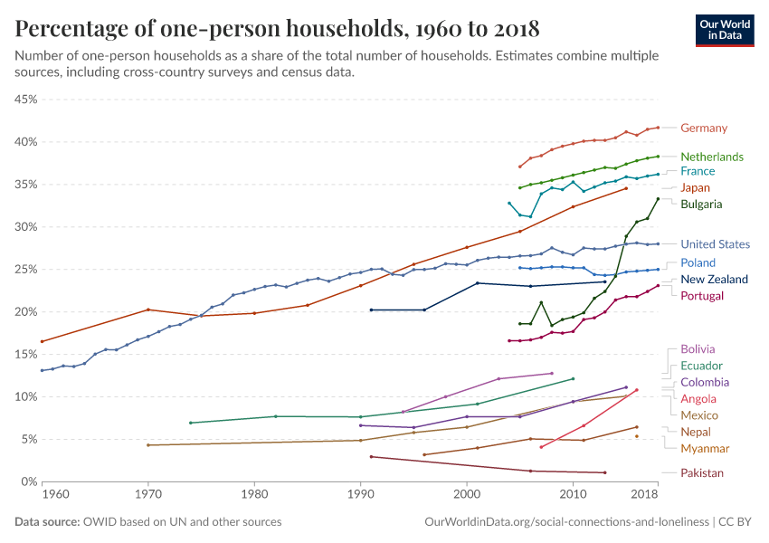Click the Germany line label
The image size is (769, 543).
click(x=703, y=129)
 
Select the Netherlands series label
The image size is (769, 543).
click(x=711, y=157)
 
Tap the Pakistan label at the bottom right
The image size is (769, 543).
click(x=702, y=473)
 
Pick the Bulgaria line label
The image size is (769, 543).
click(x=701, y=205)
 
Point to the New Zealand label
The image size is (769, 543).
click(x=715, y=279)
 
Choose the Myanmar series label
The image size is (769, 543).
click(x=705, y=449)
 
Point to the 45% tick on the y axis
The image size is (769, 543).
click(x=24, y=99)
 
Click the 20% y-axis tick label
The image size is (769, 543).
click(x=24, y=312)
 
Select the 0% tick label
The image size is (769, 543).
click(x=28, y=481)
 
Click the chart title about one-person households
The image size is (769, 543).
click(x=278, y=29)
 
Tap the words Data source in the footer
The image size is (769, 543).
click(x=45, y=522)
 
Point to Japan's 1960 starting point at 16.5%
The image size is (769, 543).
click(x=42, y=341)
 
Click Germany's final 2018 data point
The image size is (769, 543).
click(x=658, y=128)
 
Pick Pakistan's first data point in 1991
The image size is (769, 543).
click(x=371, y=457)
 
